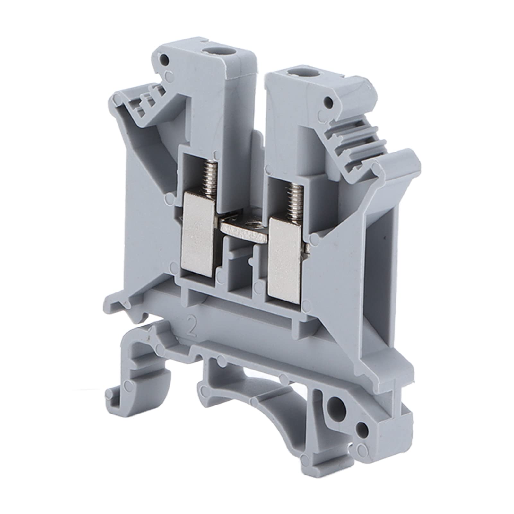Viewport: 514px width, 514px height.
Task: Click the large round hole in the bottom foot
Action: (335, 403)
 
